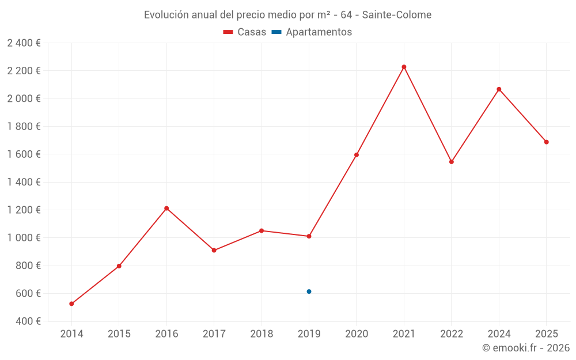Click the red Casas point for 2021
coord(404,67)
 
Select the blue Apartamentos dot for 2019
coord(309,291)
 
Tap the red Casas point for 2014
coord(71,304)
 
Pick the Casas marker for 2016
coord(166,208)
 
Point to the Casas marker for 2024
coord(499,89)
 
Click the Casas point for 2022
coord(452,162)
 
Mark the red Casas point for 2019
coord(309,236)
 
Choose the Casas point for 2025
coord(546,142)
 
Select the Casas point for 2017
coord(214,250)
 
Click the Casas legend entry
coord(245,32)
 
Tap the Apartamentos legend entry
coord(312,32)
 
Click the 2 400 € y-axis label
coord(24,43)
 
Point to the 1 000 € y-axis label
coord(24,238)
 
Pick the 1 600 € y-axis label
coord(24,154)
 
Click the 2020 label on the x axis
coord(357,334)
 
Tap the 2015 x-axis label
coord(119,334)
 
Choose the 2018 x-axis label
coord(262,334)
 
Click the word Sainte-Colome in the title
coord(397,15)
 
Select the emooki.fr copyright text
coord(526,348)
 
